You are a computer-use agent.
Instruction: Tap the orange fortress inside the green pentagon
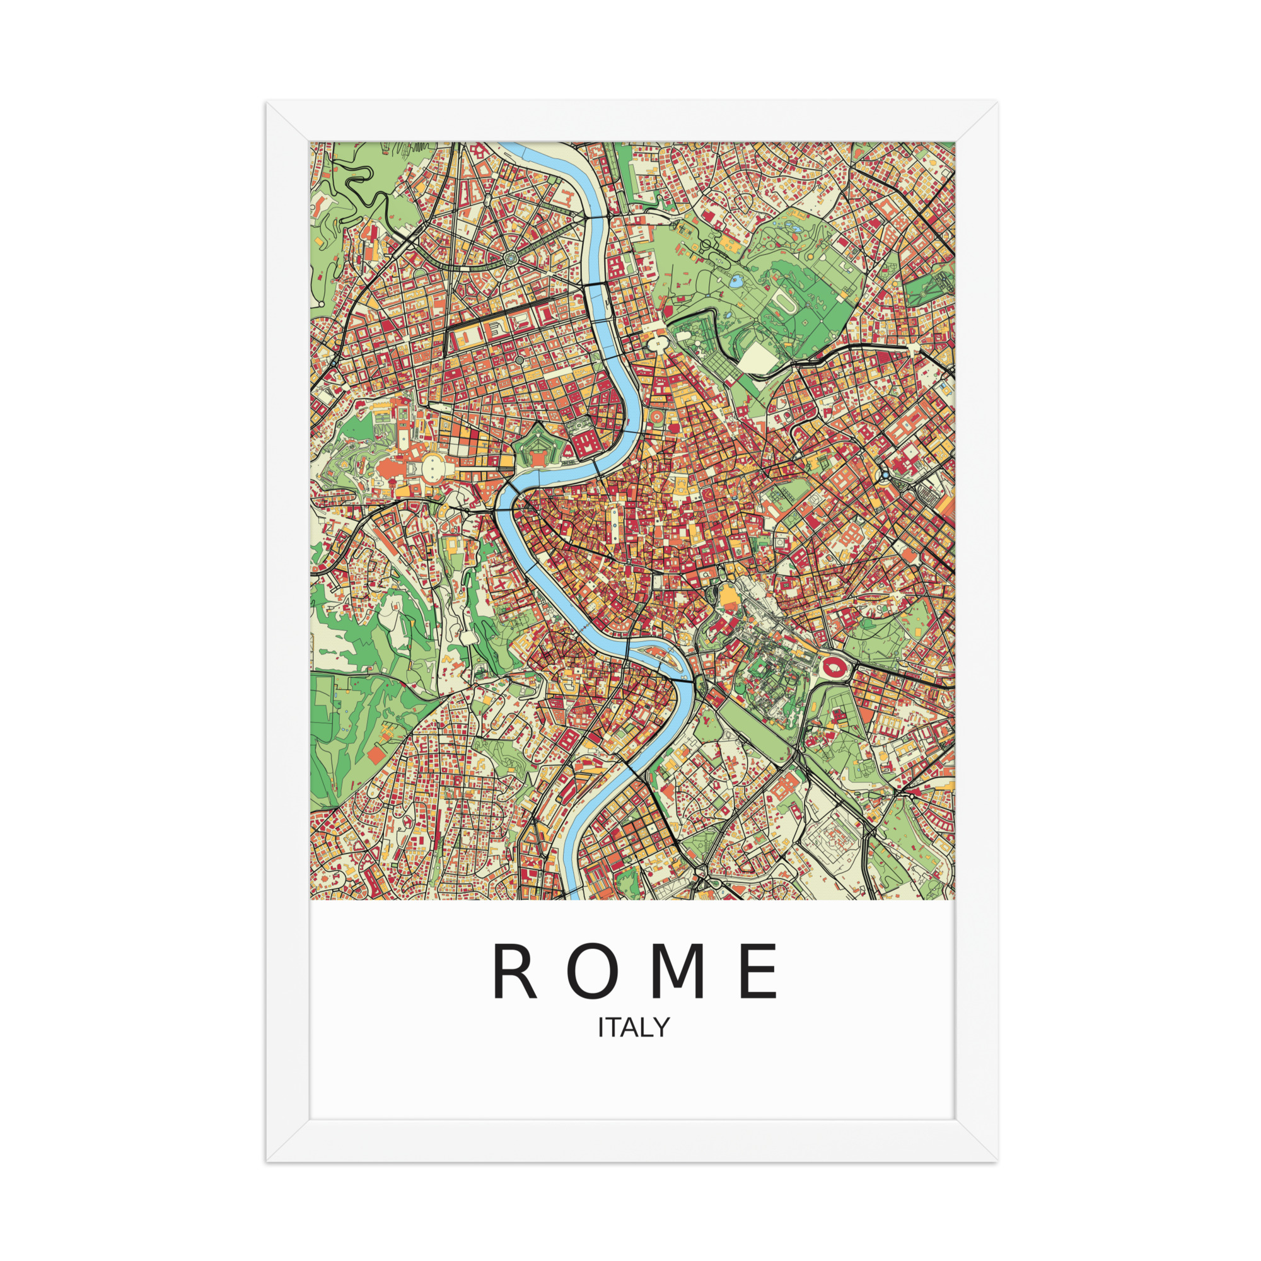pyautogui.click(x=537, y=460)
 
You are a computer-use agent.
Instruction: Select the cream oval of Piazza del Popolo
pyautogui.click(x=656, y=340)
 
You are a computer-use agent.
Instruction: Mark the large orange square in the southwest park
pyautogui.click(x=376, y=756)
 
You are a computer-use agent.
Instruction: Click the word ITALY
pyautogui.click(x=634, y=1027)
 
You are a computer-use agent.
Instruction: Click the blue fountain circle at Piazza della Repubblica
pyautogui.click(x=884, y=475)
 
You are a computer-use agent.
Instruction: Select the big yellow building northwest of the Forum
pyautogui.click(x=726, y=595)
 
